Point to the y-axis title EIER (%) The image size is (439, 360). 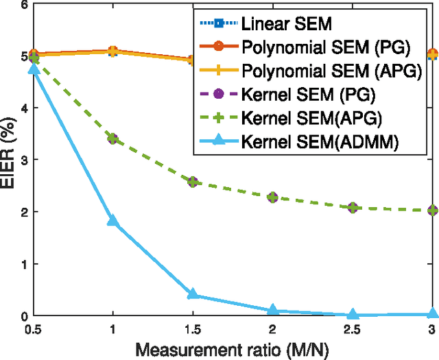pyautogui.click(x=10, y=159)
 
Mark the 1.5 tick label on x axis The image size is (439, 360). pyautogui.click(x=193, y=329)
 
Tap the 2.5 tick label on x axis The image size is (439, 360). pyautogui.click(x=353, y=329)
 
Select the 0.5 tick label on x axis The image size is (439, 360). pyautogui.click(x=34, y=329)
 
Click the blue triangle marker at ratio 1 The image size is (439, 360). pyautogui.click(x=113, y=221)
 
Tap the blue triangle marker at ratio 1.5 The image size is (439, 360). pyautogui.click(x=193, y=294)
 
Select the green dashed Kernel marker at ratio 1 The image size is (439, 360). pyautogui.click(x=113, y=139)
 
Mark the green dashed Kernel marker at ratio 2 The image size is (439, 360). pyautogui.click(x=273, y=197)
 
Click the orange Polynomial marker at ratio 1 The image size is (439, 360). pyautogui.click(x=113, y=51)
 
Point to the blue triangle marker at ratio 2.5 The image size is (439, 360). pyautogui.click(x=353, y=314)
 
